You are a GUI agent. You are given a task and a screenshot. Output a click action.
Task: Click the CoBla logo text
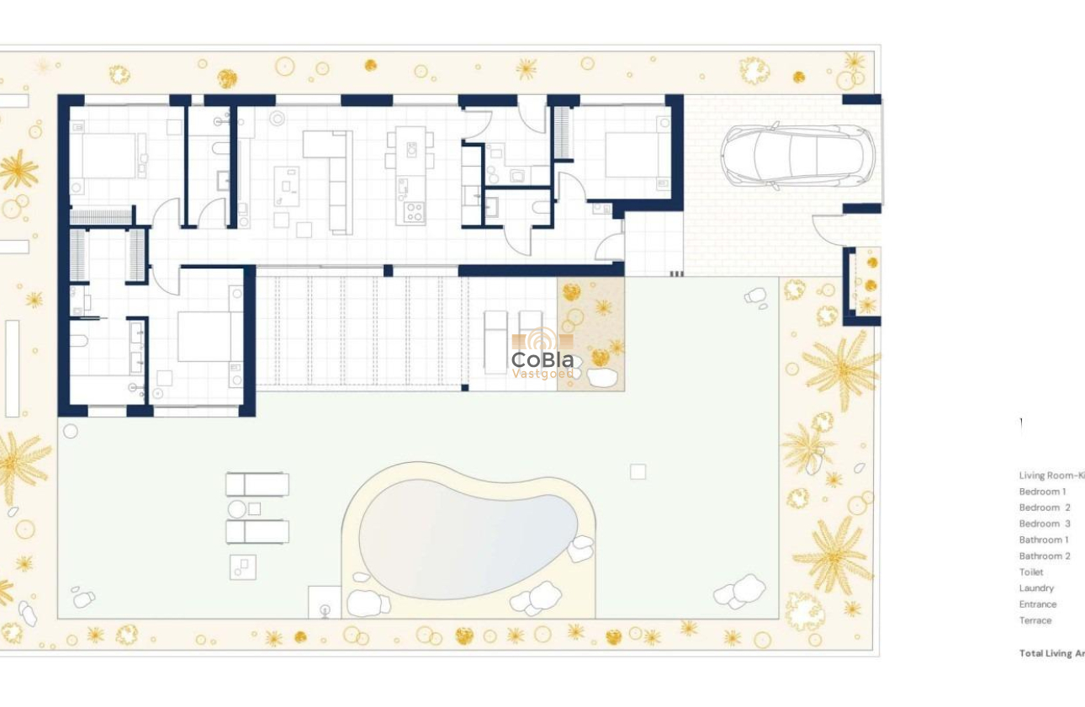coord(542,360)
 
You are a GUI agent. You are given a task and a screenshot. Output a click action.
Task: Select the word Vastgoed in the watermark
coord(542,374)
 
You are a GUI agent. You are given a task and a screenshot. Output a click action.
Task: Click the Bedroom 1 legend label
coord(1042,492)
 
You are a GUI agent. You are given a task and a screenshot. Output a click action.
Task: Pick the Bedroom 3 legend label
coord(1045,524)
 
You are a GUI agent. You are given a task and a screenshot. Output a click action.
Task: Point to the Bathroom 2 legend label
coord(1045,555)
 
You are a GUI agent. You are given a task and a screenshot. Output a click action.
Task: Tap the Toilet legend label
coord(1031,572)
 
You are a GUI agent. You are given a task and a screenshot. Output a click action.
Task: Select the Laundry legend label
coord(1036,588)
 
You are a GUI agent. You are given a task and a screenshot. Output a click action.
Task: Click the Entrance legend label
coord(1038,604)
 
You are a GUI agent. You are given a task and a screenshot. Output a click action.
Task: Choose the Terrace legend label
coord(1035,620)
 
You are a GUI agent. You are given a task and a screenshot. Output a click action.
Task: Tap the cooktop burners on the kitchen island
coord(413,212)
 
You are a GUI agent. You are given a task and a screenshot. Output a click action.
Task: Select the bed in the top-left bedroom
coord(103,156)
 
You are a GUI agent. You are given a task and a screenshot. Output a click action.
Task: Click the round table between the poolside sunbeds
coord(237,508)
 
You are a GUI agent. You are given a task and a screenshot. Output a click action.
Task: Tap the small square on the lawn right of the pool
coord(638,471)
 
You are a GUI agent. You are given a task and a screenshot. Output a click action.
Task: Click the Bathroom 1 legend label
coord(1044,540)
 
